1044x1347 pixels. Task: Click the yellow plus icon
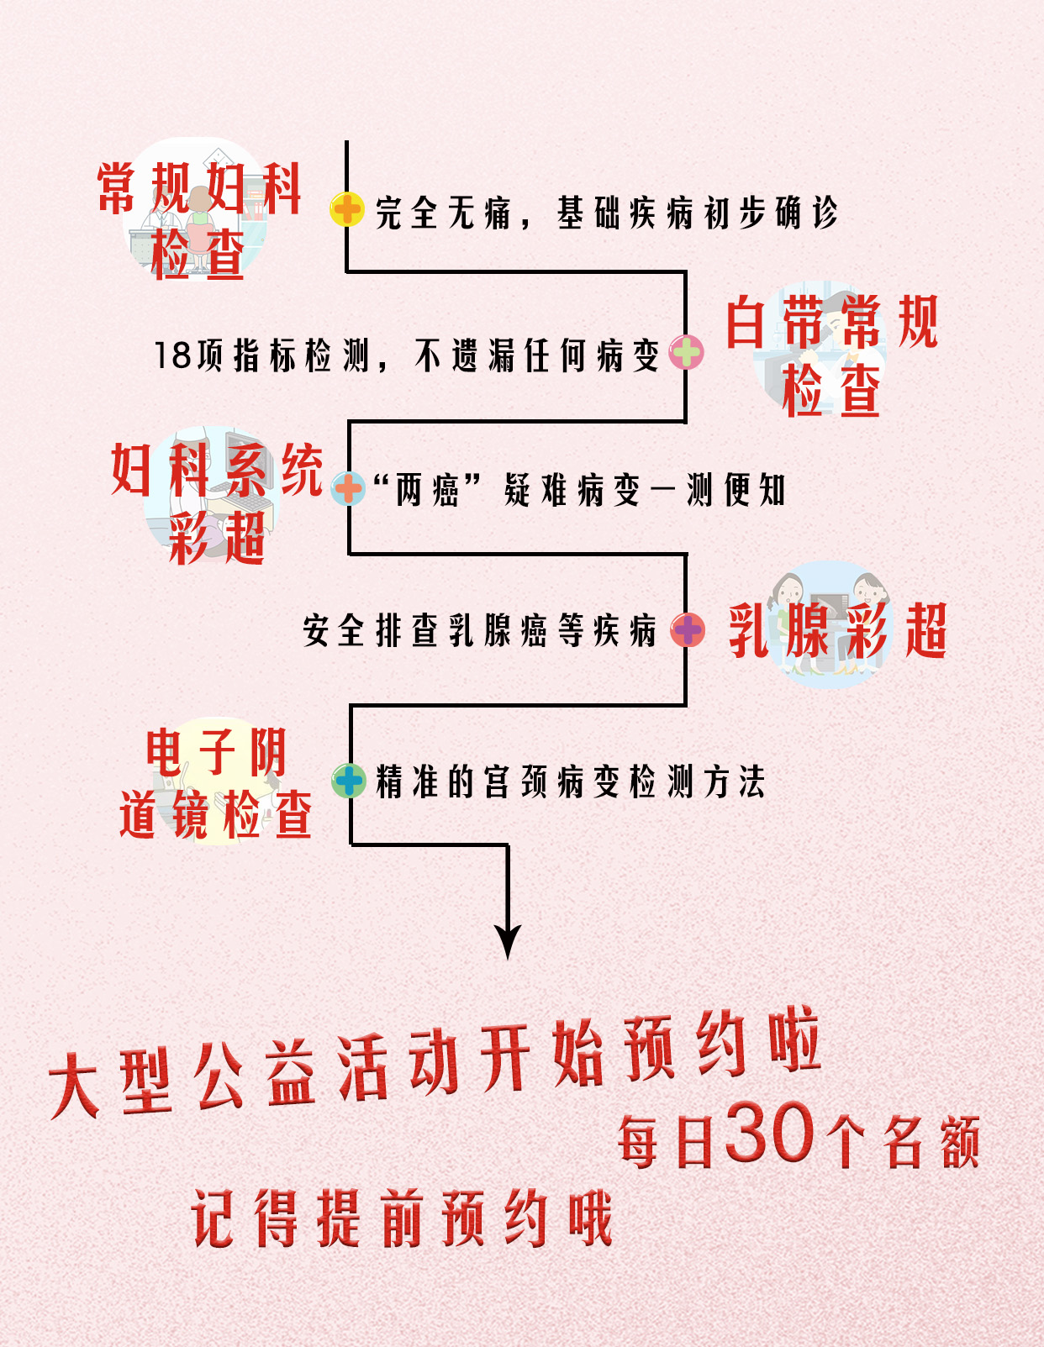click(x=346, y=209)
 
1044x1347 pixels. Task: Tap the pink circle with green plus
click(x=686, y=352)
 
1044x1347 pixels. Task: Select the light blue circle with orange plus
click(x=347, y=488)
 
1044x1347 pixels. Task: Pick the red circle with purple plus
click(x=688, y=630)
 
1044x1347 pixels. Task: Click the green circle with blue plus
click(x=348, y=781)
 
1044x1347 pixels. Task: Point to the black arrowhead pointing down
click(x=508, y=940)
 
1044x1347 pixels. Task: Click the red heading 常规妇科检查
click(x=199, y=220)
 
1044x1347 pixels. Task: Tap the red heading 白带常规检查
click(x=831, y=355)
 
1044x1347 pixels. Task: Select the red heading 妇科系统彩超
click(x=217, y=502)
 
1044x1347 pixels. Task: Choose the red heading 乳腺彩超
click(x=837, y=630)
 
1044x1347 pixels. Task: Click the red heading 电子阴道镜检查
click(x=216, y=783)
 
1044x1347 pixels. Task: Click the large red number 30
click(x=770, y=1134)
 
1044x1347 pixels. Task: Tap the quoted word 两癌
click(x=428, y=490)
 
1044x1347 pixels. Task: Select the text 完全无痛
click(x=443, y=213)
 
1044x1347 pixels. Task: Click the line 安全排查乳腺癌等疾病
click(x=480, y=630)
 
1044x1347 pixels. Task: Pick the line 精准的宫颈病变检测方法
click(x=571, y=781)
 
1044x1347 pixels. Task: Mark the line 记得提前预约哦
click(x=402, y=1218)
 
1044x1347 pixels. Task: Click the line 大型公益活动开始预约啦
click(x=435, y=1063)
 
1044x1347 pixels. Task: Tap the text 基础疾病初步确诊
click(x=697, y=213)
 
